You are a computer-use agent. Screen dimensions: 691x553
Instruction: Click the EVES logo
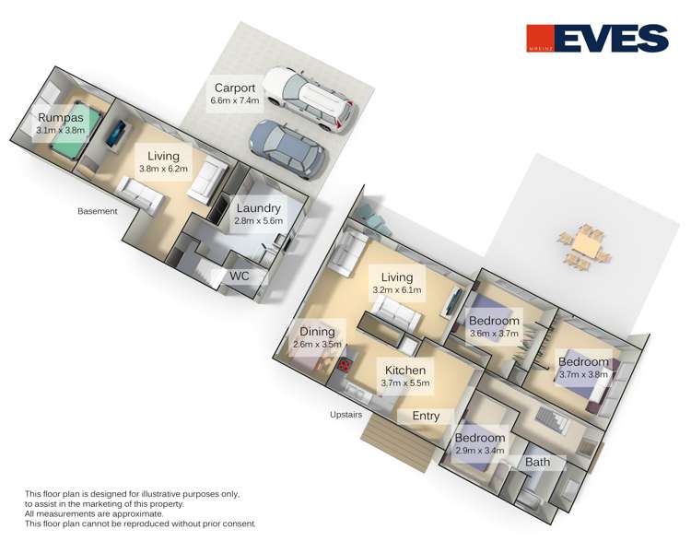click(x=597, y=38)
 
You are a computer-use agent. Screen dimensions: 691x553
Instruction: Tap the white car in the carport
click(x=310, y=100)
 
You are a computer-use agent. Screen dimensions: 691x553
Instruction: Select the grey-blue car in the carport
click(x=287, y=148)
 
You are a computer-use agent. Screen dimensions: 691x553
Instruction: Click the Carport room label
click(x=234, y=88)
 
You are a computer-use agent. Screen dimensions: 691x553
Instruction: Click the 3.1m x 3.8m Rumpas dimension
click(x=61, y=130)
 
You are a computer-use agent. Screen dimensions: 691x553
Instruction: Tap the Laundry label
click(x=258, y=208)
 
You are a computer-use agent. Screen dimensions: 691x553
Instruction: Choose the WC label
click(x=240, y=276)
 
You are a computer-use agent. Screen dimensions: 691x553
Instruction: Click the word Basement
click(x=98, y=211)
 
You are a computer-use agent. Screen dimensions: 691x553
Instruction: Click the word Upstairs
click(x=345, y=415)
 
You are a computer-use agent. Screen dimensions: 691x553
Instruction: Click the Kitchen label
click(x=405, y=371)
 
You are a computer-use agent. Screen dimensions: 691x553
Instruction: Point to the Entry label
click(x=426, y=416)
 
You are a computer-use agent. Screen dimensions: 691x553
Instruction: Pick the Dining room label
click(x=317, y=332)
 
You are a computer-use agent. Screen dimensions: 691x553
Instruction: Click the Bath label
click(x=538, y=462)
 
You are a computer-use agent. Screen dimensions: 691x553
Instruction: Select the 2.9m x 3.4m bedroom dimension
click(x=480, y=451)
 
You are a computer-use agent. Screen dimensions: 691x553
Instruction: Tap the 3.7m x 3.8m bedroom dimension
click(x=583, y=374)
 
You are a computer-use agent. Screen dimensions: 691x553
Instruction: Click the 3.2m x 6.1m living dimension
click(x=396, y=289)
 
